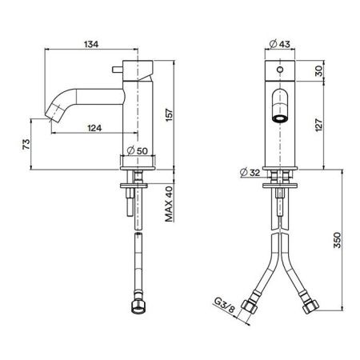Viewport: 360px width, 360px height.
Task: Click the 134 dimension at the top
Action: (94, 46)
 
